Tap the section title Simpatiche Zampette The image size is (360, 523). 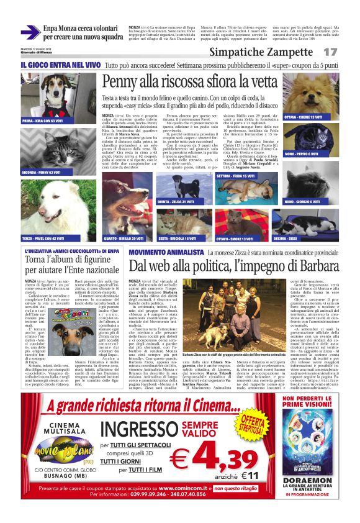279,52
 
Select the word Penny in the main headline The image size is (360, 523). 124,81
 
